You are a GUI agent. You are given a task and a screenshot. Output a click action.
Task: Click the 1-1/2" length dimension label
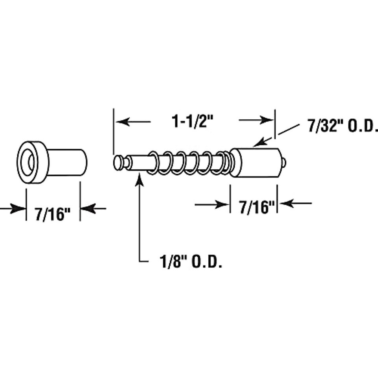[x=193, y=121]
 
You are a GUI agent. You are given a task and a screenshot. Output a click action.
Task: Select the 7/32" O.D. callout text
[x=343, y=126]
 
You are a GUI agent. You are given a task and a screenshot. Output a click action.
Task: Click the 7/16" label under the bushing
[x=52, y=214]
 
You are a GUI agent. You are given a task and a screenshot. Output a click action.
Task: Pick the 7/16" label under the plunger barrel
[x=257, y=208]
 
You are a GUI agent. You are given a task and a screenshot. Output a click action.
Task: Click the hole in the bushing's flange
[x=31, y=162]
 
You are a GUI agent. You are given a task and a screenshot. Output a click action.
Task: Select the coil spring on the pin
[x=189, y=163]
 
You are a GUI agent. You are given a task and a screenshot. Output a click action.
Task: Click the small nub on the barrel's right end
[x=284, y=163]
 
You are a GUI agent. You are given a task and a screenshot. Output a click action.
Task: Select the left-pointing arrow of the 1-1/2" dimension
[x=133, y=122]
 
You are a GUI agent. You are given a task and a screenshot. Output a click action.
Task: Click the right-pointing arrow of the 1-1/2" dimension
[x=256, y=120]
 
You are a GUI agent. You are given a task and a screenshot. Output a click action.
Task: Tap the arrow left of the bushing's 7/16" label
[x=13, y=209]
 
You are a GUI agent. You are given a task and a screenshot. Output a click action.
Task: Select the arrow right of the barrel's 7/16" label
[x=295, y=204]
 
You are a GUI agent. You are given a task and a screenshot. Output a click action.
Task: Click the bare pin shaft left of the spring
[x=139, y=163]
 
